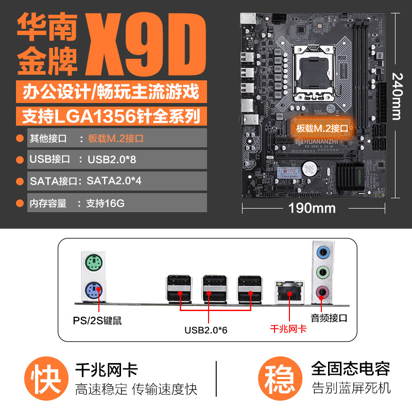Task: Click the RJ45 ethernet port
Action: [289, 291]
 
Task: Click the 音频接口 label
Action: [329, 318]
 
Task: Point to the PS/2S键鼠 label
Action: [97, 321]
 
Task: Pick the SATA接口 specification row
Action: [117, 181]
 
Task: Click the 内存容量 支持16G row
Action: [117, 203]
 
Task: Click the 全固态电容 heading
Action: [350, 368]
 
